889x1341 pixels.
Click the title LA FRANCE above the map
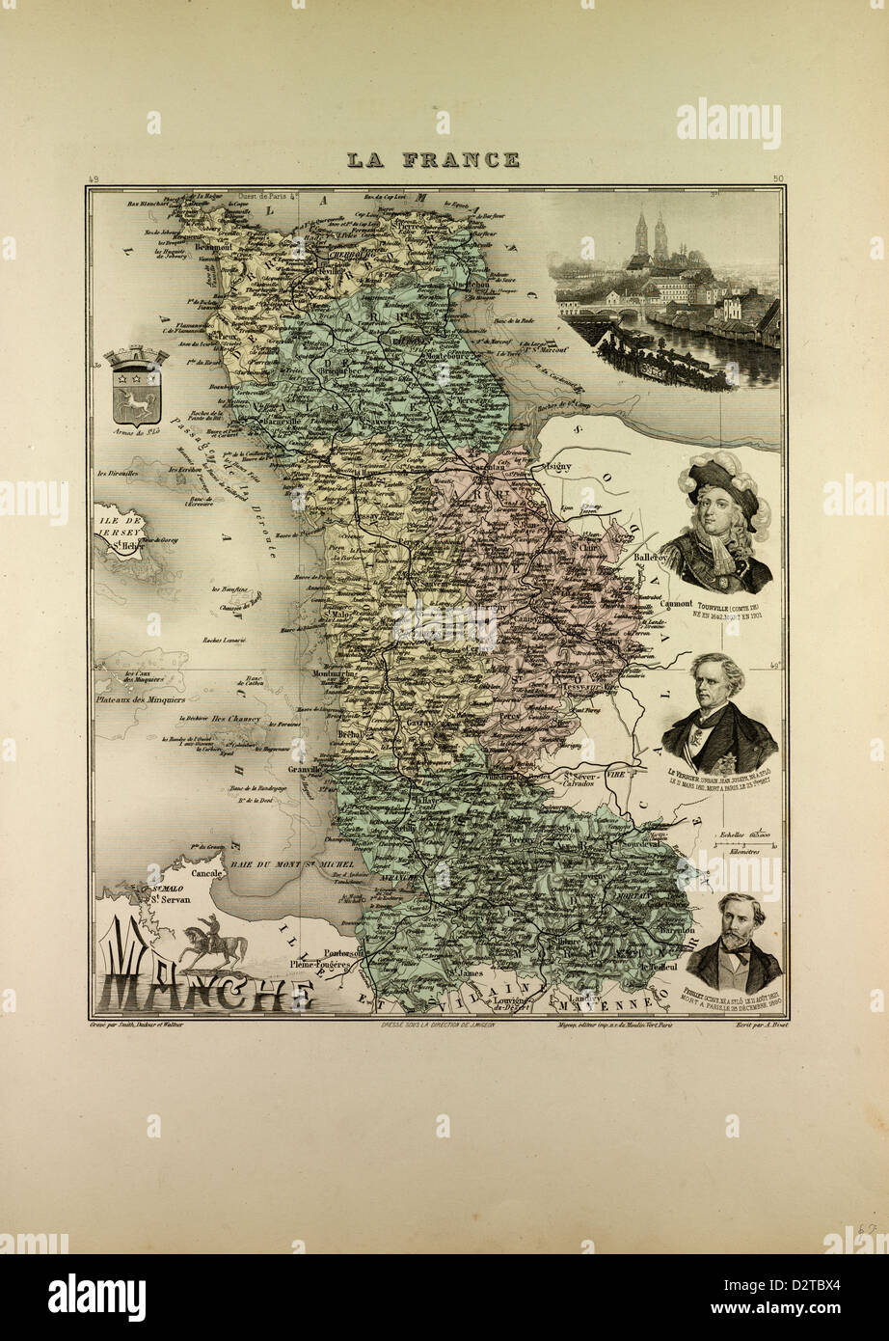pyautogui.click(x=433, y=160)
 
